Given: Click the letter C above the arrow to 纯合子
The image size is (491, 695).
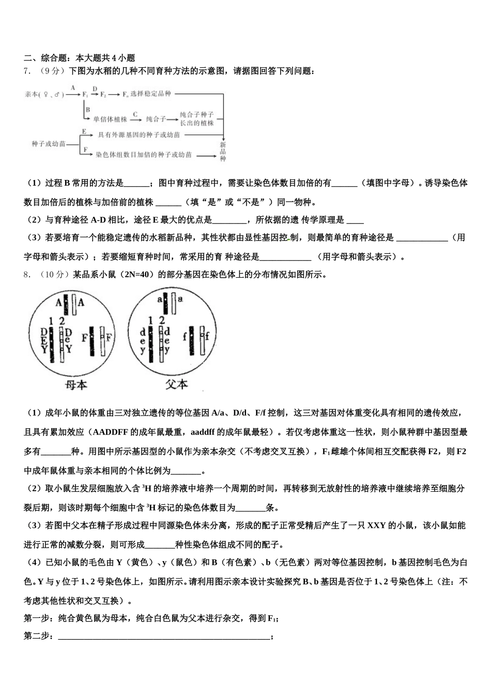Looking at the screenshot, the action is tap(135, 114).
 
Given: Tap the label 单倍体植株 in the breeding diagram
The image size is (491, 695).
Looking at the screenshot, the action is tap(110, 119).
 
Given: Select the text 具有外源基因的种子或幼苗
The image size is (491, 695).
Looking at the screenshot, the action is tap(139, 135).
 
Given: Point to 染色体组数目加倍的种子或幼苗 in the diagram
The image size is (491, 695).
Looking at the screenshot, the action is tap(144, 155).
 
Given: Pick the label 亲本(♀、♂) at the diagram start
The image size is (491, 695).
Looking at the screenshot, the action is tap(44, 95).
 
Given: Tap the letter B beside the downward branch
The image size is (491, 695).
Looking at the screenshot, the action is tap(88, 110).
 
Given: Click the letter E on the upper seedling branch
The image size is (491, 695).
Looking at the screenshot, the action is tap(83, 131).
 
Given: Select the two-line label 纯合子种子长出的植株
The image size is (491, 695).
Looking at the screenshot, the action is tap(196, 119).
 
